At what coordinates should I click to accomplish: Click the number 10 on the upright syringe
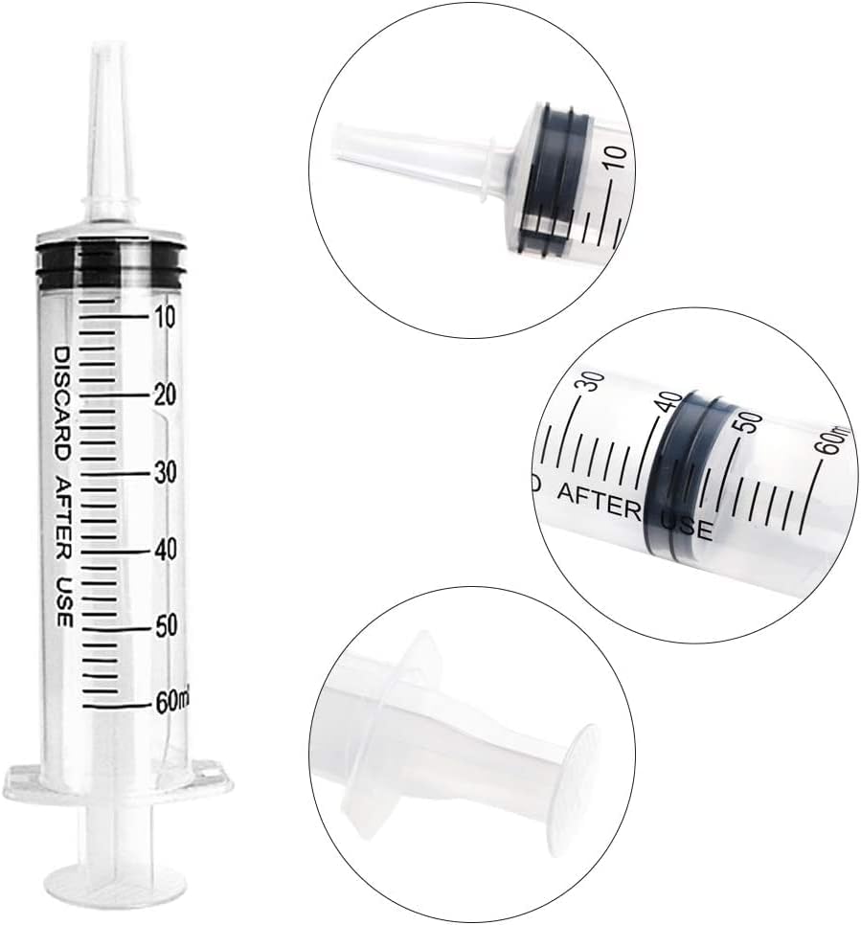point(165,317)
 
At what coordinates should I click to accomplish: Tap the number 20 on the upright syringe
point(165,395)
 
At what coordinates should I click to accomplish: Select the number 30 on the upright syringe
point(166,472)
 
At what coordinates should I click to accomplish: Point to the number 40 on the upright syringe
point(166,550)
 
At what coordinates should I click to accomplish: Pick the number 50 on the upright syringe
point(166,626)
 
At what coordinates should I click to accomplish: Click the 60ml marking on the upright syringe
point(172,702)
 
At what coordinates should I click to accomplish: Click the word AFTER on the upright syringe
point(62,519)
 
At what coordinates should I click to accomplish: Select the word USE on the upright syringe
point(63,603)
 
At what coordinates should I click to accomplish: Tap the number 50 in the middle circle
point(750,423)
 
